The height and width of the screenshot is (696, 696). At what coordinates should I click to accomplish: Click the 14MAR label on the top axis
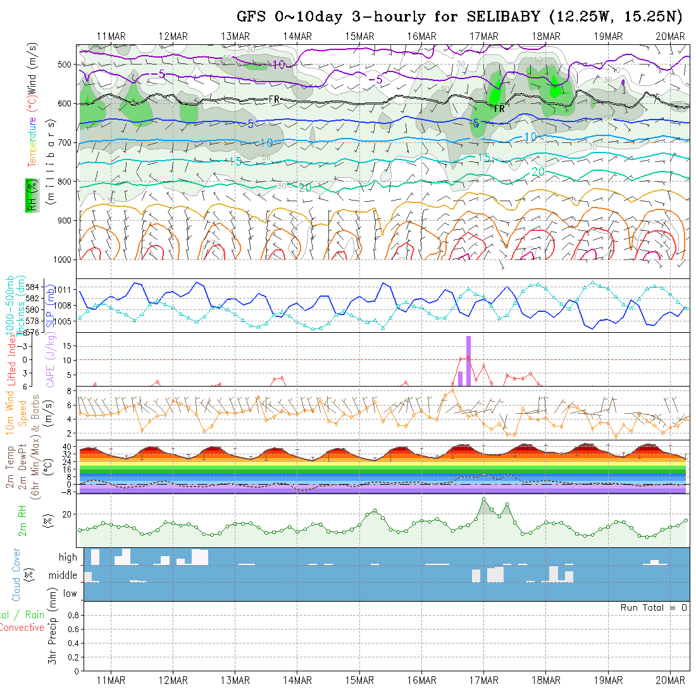tap(297, 36)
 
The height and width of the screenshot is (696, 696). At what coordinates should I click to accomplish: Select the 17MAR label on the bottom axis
tap(484, 680)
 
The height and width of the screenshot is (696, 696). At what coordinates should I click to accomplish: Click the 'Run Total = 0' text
tap(654, 607)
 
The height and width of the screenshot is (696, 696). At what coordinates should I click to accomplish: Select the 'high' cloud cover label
tap(68, 557)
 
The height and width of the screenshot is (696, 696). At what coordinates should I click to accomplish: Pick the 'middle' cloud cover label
tap(63, 576)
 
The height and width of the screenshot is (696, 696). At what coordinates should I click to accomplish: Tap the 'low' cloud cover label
tap(70, 593)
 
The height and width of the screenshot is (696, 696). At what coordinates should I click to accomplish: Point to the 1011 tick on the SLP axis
tap(68, 289)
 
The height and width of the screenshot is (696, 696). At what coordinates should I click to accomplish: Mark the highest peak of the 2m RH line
tap(484, 499)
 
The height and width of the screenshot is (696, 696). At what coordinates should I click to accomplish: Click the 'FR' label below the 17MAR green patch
tap(499, 109)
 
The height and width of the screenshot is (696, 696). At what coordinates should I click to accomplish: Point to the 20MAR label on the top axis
tap(670, 36)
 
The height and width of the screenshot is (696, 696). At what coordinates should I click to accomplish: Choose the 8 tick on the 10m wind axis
tap(71, 391)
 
